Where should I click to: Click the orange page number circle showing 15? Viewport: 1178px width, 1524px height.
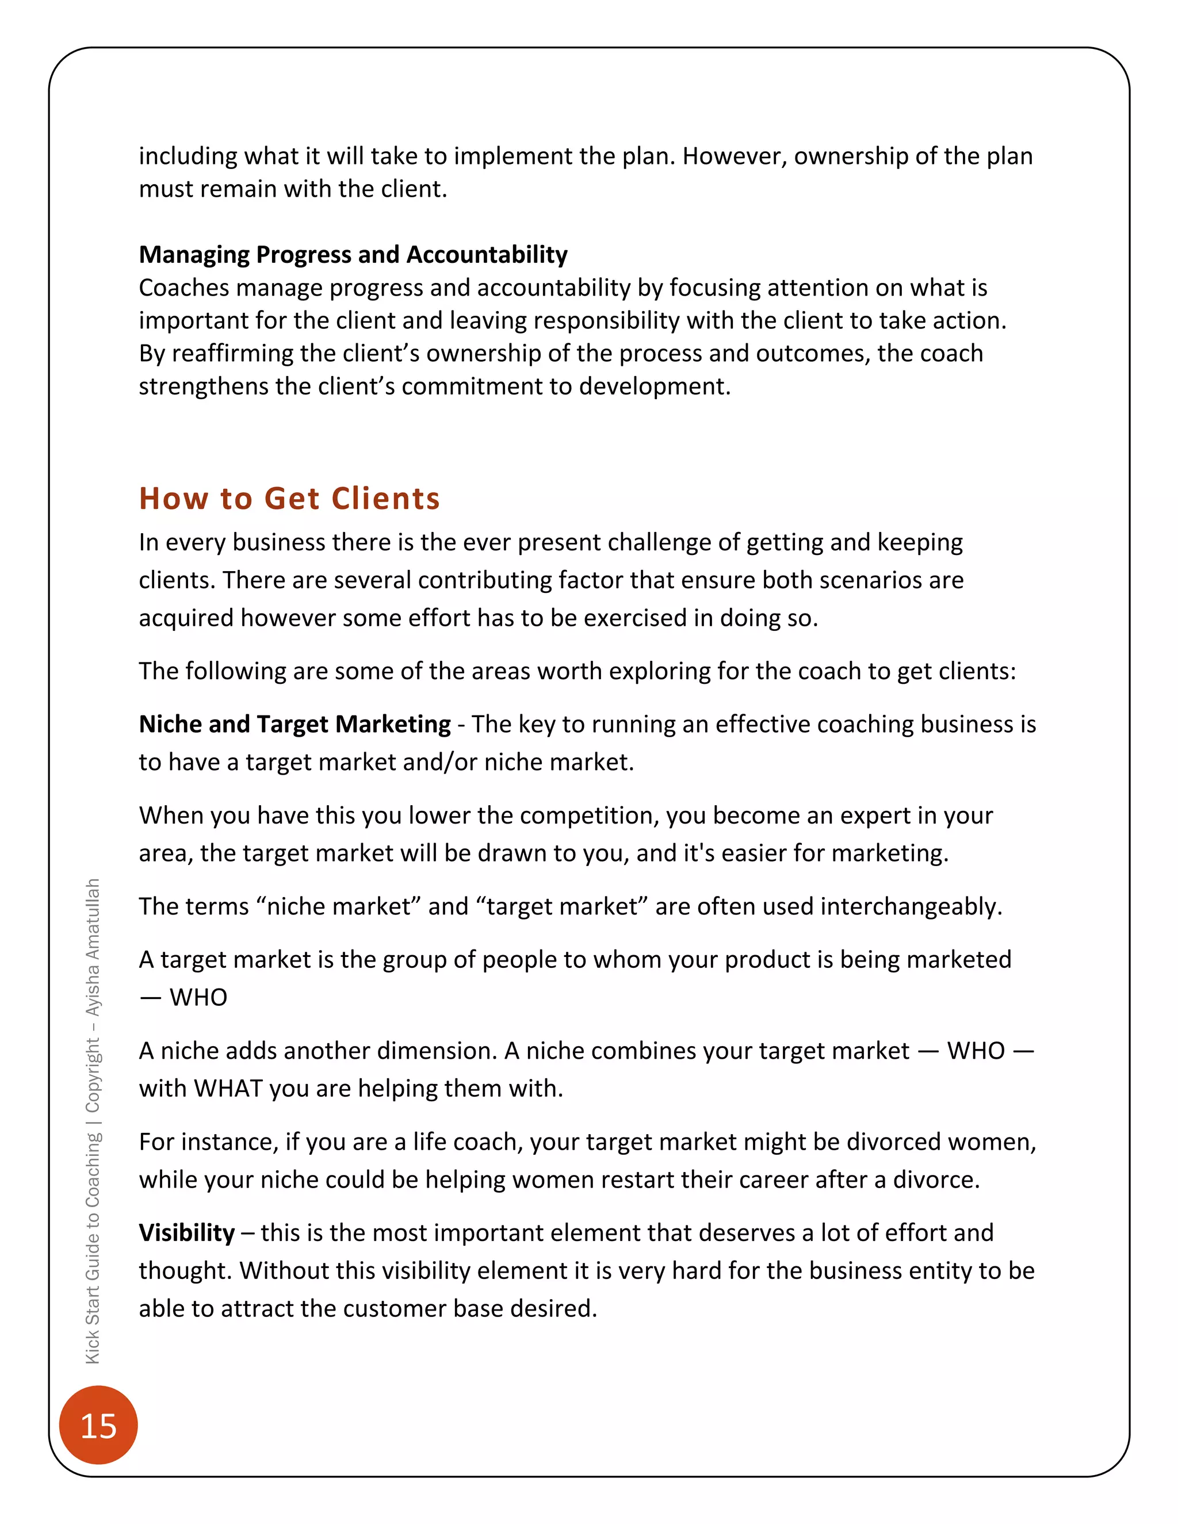[x=98, y=1425]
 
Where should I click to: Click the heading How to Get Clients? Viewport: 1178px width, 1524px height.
[x=290, y=498]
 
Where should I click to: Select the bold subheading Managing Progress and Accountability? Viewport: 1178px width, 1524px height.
[x=353, y=255]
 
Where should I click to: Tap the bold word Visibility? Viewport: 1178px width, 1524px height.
[x=187, y=1232]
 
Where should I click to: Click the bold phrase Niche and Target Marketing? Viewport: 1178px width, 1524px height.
[x=294, y=723]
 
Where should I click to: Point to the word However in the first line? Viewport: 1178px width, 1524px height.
[x=734, y=156]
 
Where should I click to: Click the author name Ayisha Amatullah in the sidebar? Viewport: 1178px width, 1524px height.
[x=92, y=947]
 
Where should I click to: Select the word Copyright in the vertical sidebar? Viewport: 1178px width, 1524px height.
[x=92, y=1075]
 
